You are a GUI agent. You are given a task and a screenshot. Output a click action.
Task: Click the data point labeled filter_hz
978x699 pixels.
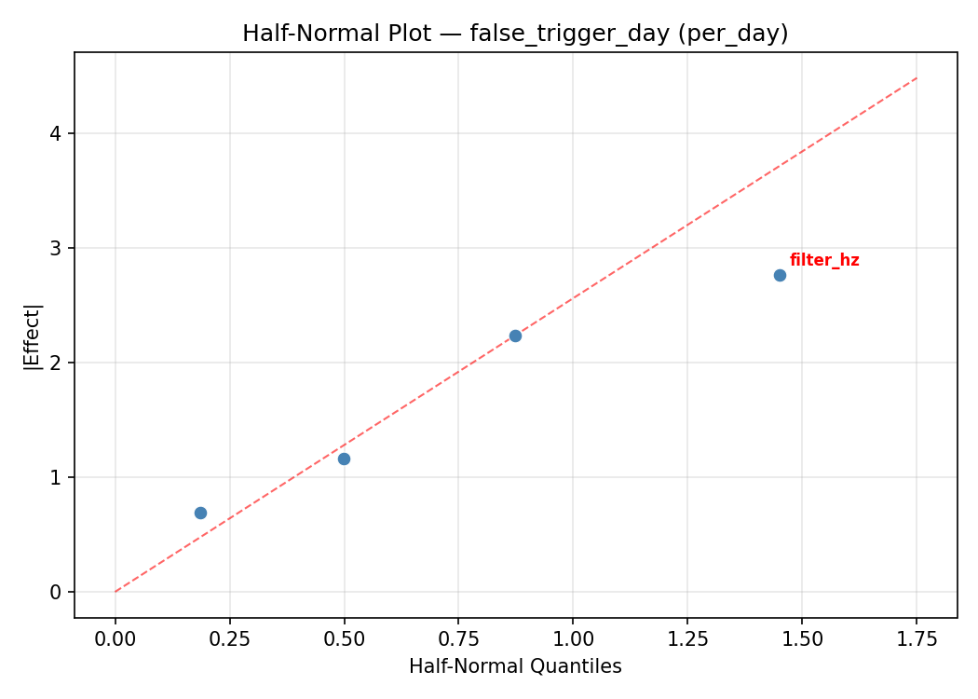780,275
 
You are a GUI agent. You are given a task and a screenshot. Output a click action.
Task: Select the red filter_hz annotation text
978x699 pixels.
824,260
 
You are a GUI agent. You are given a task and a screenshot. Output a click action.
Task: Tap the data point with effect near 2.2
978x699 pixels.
515,336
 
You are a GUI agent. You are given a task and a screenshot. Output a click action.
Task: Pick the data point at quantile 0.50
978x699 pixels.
344,459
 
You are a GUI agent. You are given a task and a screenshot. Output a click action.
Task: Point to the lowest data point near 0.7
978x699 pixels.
200,513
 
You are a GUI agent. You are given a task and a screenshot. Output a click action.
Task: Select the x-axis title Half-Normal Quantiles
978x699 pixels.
515,666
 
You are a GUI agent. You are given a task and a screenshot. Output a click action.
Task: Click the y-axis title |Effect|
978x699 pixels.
33,336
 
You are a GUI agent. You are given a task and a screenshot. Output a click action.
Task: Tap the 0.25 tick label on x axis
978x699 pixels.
229,638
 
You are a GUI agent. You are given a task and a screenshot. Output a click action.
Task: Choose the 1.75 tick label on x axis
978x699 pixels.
917,638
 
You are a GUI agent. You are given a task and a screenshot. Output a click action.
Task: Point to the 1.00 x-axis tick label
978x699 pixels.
573,638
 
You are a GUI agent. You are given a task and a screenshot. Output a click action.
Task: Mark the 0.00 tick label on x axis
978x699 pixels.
115,638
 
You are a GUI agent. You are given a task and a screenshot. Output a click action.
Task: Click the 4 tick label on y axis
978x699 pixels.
56,133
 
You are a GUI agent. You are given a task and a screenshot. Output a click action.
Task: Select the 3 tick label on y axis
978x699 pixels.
56,248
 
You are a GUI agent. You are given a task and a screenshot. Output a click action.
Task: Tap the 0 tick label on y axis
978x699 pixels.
56,592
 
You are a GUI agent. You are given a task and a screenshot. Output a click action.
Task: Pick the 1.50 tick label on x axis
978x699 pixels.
802,638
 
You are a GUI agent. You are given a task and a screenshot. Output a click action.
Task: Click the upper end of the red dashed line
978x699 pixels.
917,77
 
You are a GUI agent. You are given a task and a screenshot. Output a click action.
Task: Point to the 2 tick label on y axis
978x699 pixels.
56,363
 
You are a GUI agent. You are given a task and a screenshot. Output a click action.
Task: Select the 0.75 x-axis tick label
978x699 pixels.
458,638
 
